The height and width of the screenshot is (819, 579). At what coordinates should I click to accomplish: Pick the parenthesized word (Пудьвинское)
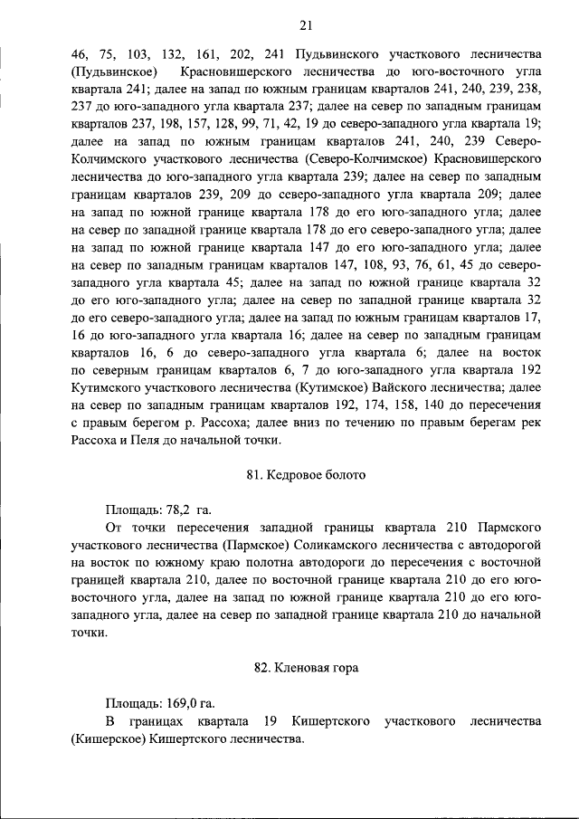coord(115,71)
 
